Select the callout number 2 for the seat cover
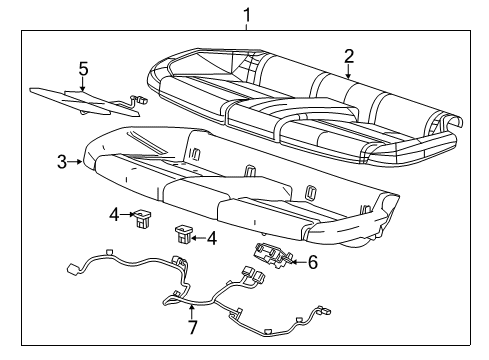pos(348,55)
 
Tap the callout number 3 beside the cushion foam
pos(61,160)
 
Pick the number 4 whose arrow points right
pos(115,213)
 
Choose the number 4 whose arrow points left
pos(211,238)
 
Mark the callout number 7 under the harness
pos(192,326)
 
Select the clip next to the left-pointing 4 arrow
pos(184,234)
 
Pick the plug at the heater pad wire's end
pos(139,100)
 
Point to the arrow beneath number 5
pos(84,86)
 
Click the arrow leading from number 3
pos(76,160)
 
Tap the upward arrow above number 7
pos(192,307)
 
